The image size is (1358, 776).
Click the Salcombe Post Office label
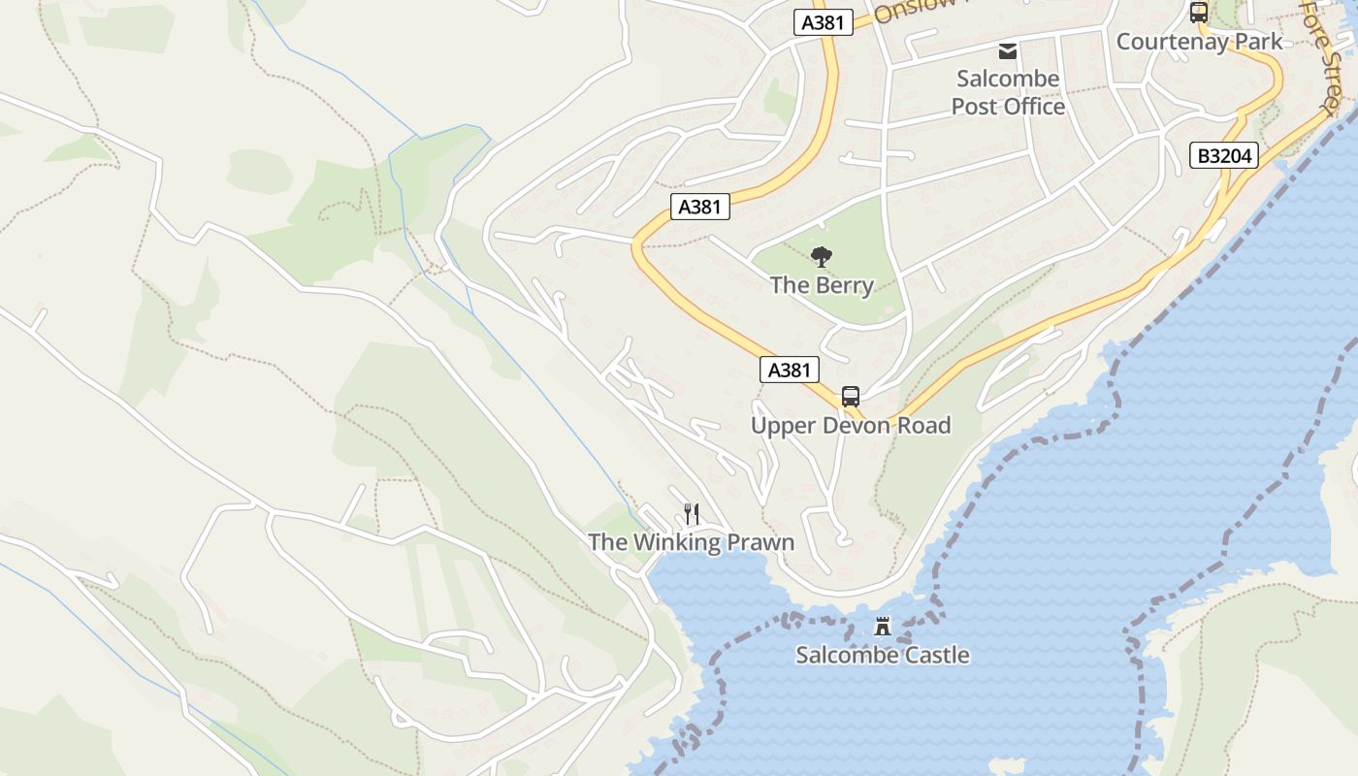1008,92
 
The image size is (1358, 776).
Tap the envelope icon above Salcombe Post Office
1008,50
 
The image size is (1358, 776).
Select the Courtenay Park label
1199,42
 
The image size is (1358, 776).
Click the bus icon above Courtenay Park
1199,13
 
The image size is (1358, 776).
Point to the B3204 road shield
1224,155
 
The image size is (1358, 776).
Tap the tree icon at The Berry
822,257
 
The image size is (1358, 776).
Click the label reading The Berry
822,285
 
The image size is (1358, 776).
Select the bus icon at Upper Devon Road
851,396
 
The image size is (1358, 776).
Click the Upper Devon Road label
851,426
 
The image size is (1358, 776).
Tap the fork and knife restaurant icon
692,513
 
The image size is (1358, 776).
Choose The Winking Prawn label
692,542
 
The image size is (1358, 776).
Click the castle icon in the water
883,626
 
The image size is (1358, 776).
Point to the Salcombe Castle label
883,655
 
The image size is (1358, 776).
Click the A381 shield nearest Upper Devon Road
789,370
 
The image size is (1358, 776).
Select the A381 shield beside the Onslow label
824,22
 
